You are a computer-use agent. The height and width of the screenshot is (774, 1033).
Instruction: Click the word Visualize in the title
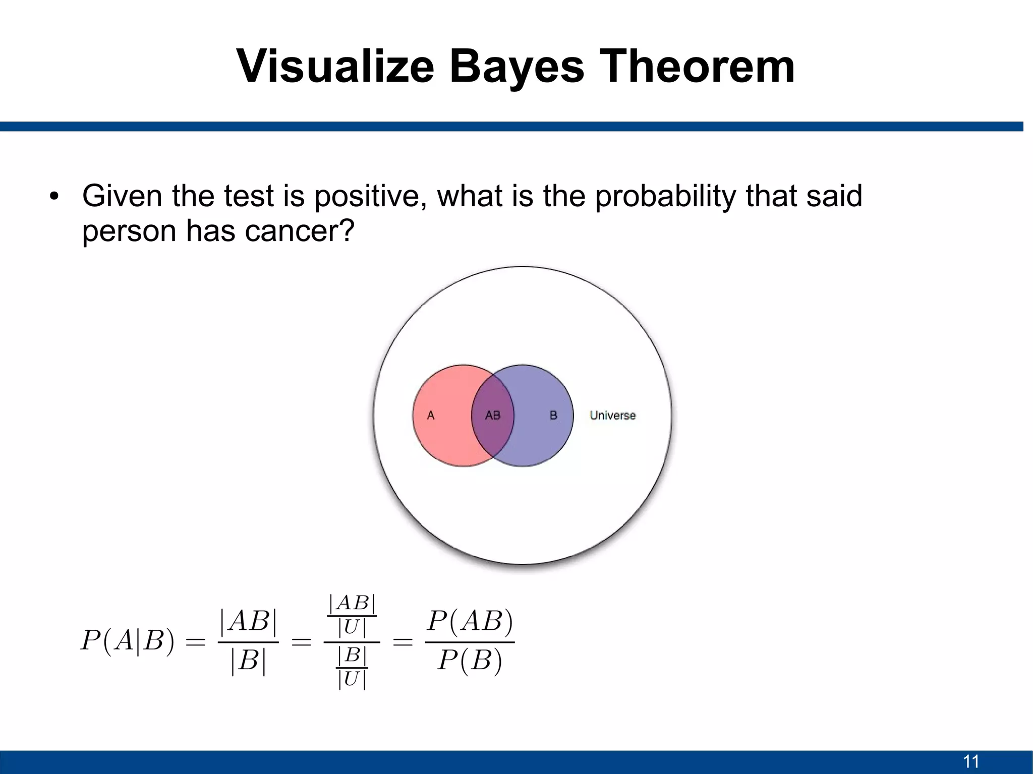(x=335, y=67)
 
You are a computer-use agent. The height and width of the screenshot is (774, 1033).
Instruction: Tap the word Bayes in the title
(x=516, y=67)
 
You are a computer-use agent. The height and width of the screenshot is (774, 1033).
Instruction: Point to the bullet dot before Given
(x=54, y=196)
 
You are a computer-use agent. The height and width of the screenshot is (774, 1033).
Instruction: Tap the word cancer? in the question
(x=300, y=231)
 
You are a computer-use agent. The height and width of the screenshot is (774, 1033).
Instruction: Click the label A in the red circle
(x=431, y=415)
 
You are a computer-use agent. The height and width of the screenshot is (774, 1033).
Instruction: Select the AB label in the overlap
(x=492, y=415)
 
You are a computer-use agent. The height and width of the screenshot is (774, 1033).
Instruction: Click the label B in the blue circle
(x=553, y=415)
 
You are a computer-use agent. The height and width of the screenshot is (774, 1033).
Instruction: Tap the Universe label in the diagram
(x=612, y=415)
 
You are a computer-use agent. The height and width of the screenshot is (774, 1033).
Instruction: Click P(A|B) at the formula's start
(x=128, y=641)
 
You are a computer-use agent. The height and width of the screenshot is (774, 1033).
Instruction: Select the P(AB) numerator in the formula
(x=470, y=621)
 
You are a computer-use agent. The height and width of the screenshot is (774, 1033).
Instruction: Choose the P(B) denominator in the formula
(x=470, y=660)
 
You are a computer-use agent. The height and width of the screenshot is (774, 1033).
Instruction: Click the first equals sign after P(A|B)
(x=196, y=642)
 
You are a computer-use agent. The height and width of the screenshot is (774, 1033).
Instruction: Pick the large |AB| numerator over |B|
(x=248, y=621)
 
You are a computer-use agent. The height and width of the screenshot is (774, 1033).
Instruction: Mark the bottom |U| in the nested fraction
(x=352, y=679)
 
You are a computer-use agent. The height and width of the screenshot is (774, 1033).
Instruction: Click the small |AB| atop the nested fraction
(x=352, y=603)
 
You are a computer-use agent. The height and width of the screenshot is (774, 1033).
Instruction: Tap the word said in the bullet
(x=834, y=196)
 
